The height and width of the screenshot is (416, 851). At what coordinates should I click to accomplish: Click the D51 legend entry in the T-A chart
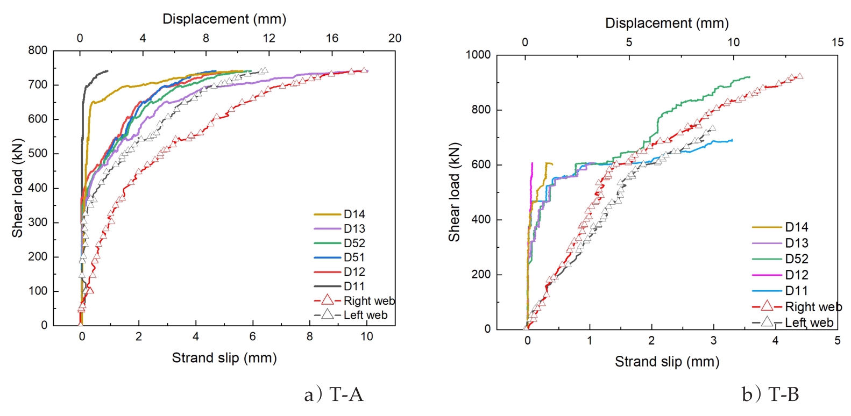pos(354,258)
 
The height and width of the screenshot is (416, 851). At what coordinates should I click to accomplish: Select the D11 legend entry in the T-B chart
pos(796,291)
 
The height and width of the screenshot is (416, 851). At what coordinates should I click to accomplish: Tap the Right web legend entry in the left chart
pos(368,301)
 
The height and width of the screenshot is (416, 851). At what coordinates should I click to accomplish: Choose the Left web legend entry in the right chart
pos(809,322)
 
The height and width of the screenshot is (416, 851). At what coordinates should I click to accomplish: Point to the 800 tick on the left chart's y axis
pos(38,51)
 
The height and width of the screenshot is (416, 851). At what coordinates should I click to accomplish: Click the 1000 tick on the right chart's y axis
pos(478,55)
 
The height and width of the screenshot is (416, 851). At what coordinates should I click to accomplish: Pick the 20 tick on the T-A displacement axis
pos(395,38)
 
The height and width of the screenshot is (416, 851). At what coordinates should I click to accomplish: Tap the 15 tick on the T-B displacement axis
pos(838,42)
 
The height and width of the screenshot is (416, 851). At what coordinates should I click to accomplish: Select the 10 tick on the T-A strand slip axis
pos(366,337)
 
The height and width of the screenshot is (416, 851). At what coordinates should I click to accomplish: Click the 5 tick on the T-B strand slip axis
pos(838,341)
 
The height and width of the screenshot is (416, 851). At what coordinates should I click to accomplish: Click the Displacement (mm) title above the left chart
pos(224,19)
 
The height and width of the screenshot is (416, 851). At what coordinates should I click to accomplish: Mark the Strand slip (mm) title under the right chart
pos(667,362)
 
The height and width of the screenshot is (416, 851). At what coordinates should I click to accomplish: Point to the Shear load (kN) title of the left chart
pos(18,188)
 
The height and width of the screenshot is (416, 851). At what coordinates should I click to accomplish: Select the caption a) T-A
pos(334,396)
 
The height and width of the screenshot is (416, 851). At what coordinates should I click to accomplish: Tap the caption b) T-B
pos(770,396)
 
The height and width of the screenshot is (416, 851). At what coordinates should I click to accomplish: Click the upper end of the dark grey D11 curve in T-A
pos(108,71)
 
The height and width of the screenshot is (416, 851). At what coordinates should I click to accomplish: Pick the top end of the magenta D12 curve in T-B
pos(532,163)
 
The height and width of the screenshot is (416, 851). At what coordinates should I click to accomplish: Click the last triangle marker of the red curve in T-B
pos(799,76)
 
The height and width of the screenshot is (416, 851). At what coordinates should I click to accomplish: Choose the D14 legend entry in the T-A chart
pos(354,214)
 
